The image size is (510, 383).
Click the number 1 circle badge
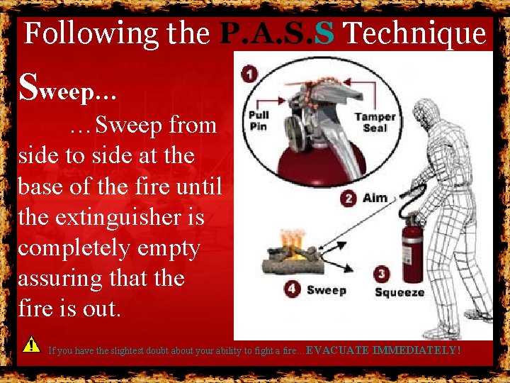(249, 74)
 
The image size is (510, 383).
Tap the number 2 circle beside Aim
(348, 198)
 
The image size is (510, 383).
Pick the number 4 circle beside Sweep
(293, 289)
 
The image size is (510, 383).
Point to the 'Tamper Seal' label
(375, 122)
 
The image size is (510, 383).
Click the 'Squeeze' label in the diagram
(399, 292)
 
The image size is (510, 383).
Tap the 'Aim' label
(375, 198)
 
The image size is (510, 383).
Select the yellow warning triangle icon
(30, 345)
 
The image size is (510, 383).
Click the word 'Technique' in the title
(416, 33)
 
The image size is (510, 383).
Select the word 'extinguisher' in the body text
(112, 217)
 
